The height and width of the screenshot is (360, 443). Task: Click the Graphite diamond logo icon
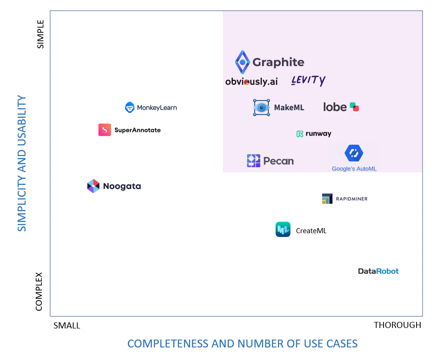242,62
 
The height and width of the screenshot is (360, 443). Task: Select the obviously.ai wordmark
251,81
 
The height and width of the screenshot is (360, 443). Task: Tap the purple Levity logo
308,80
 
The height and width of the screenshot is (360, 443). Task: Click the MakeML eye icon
261,107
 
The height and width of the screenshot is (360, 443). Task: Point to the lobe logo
341,107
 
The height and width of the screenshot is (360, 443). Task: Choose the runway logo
314,134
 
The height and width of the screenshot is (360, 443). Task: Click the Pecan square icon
254,161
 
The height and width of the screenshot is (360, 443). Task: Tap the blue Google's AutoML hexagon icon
354,153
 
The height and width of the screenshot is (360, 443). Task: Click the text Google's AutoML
354,169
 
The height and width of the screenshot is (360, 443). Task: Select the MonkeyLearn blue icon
130,107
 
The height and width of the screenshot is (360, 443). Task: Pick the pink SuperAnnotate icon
104,130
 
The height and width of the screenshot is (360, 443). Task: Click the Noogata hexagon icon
93,186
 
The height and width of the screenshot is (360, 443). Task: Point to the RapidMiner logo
345,199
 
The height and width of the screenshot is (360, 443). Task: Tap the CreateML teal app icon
283,229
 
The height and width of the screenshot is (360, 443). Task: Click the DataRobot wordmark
378,271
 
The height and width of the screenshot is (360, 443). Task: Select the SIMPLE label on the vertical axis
40,34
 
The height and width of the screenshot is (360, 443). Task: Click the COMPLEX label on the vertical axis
39,291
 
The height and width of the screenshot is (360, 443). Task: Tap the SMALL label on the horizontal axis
67,326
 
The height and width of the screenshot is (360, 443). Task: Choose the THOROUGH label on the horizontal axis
397,325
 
